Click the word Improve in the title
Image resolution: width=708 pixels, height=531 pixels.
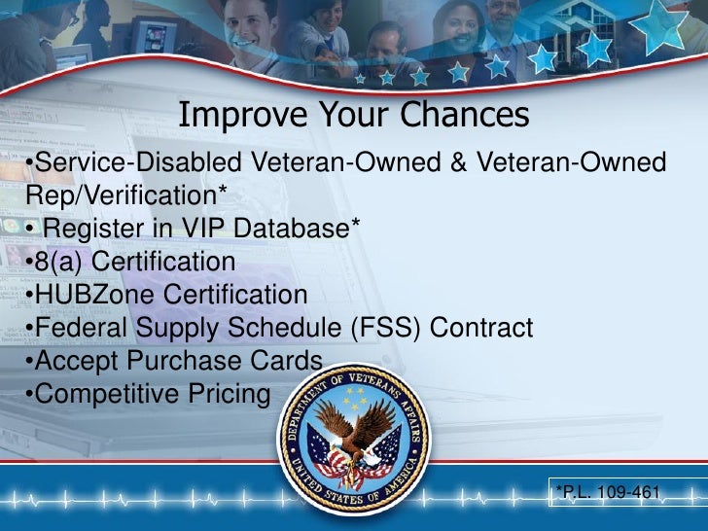[x=243, y=115]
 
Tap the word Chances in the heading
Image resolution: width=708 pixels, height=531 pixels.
[x=464, y=114]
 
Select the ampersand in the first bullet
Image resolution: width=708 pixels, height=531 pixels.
[x=458, y=161]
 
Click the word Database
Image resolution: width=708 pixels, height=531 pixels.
[x=291, y=228]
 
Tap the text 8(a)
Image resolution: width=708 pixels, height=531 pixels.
[x=58, y=262]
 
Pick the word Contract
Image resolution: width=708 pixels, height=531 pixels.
[x=481, y=328]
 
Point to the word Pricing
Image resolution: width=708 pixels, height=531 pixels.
[x=230, y=393]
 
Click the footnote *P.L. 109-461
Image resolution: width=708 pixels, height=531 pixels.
[x=608, y=491]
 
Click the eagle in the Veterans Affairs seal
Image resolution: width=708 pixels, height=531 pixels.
[x=353, y=435]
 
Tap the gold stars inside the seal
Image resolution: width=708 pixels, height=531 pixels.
[x=355, y=396]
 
